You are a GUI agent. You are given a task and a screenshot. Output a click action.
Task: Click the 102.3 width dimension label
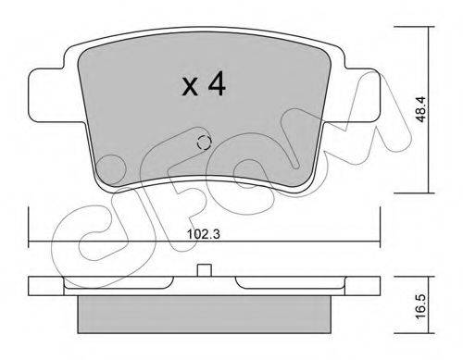click(x=204, y=234)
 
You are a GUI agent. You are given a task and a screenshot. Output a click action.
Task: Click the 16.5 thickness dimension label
click(x=421, y=305)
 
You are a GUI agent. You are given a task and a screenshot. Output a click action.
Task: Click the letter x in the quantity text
click(x=190, y=86)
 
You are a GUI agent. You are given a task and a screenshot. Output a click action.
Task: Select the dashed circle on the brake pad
click(x=204, y=143)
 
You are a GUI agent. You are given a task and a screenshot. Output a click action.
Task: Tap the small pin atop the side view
click(x=204, y=270)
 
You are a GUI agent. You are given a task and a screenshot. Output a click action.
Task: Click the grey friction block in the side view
click(x=204, y=315)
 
